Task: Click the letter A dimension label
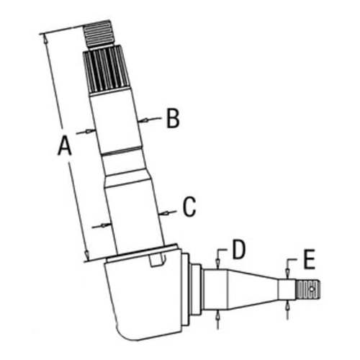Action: pos(64,147)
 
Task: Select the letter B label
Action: pos(172,118)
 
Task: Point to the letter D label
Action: pos(239,249)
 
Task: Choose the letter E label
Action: pos(309,258)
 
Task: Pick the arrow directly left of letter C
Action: pos(166,211)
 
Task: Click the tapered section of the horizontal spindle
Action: pos(252,288)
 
